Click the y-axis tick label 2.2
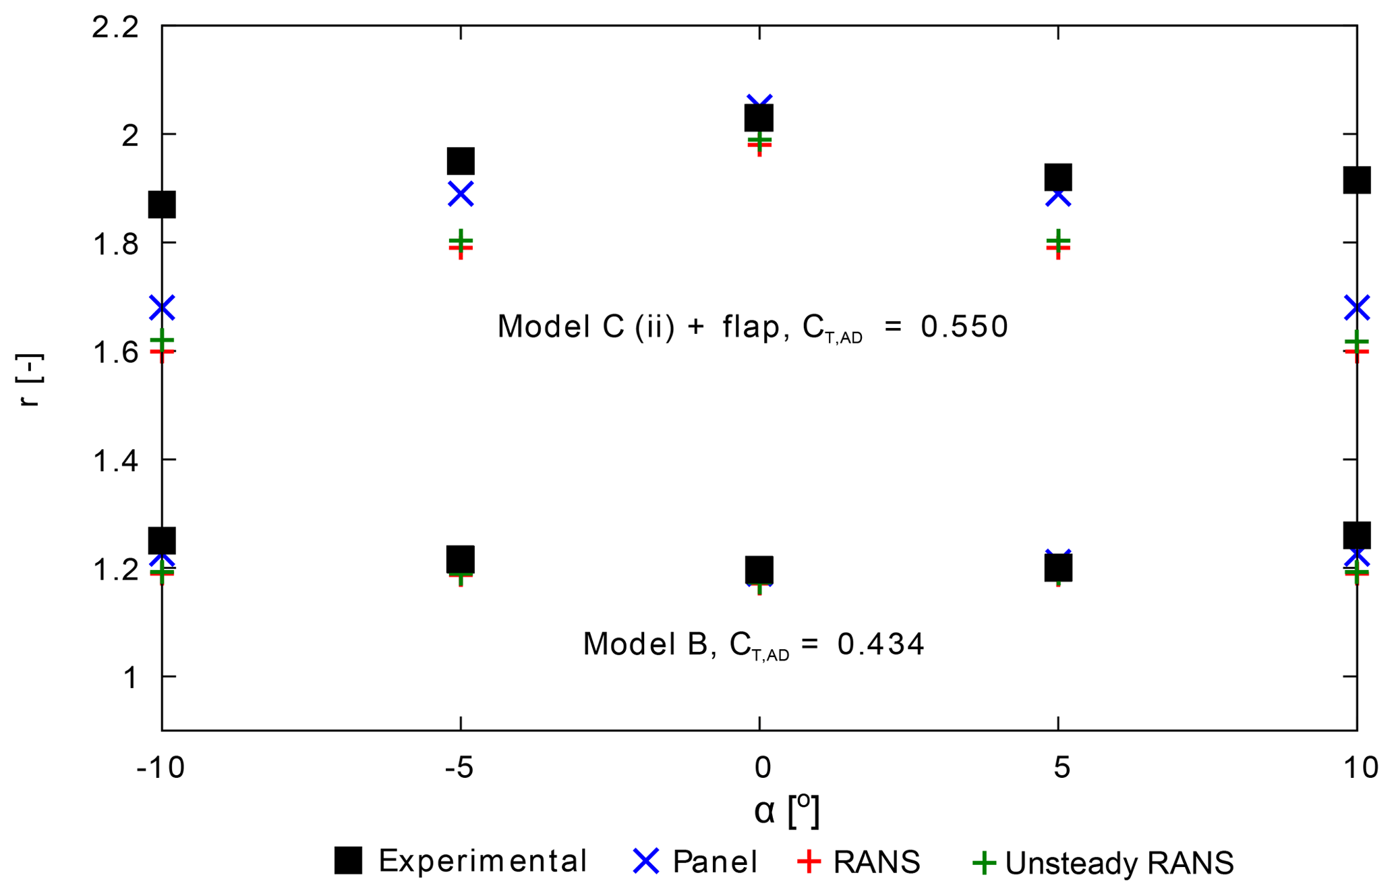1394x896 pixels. tap(115, 28)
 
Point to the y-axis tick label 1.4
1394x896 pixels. tap(115, 462)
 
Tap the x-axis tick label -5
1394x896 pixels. tap(459, 768)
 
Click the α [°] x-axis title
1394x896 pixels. tap(786, 810)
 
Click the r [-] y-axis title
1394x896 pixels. tap(31, 380)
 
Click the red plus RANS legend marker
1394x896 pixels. tap(809, 861)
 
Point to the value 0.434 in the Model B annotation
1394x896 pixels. tap(881, 644)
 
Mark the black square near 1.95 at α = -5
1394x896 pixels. tap(461, 161)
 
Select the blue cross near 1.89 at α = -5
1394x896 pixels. tap(461, 194)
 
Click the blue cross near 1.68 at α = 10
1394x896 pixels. tap(1356, 308)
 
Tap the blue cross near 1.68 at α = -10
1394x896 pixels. tap(163, 308)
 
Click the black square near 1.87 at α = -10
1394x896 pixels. tap(162, 204)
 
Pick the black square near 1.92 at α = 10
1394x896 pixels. tap(1356, 180)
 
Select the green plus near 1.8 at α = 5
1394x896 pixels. tap(1058, 240)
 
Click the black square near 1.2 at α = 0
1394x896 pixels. tap(759, 570)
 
